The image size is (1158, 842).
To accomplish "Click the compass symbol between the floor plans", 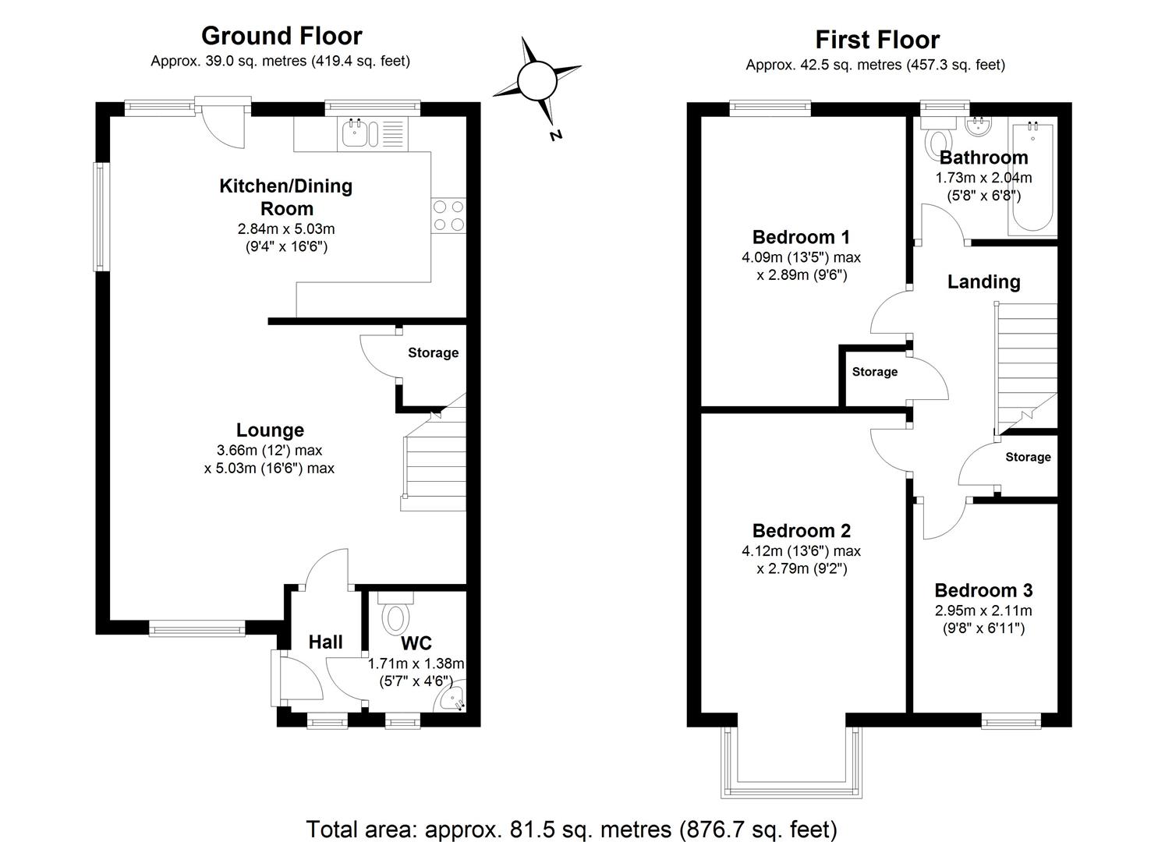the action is point(537,80).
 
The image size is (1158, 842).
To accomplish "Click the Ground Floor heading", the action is point(282,36).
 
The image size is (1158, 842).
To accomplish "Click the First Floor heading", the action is point(877,40).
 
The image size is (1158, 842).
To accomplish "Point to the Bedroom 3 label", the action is point(983,590).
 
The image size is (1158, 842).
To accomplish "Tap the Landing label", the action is point(983,281).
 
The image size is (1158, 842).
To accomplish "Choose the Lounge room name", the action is point(270,430).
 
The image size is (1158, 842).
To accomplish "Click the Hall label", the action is point(325,642).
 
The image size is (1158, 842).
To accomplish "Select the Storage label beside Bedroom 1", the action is point(874,372).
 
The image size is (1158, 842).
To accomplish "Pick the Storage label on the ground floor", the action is point(433,352).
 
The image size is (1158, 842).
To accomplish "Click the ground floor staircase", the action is point(434,460).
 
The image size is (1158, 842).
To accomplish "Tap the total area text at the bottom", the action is point(572,829).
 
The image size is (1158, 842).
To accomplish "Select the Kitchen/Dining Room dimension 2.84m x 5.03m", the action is point(286,229).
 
